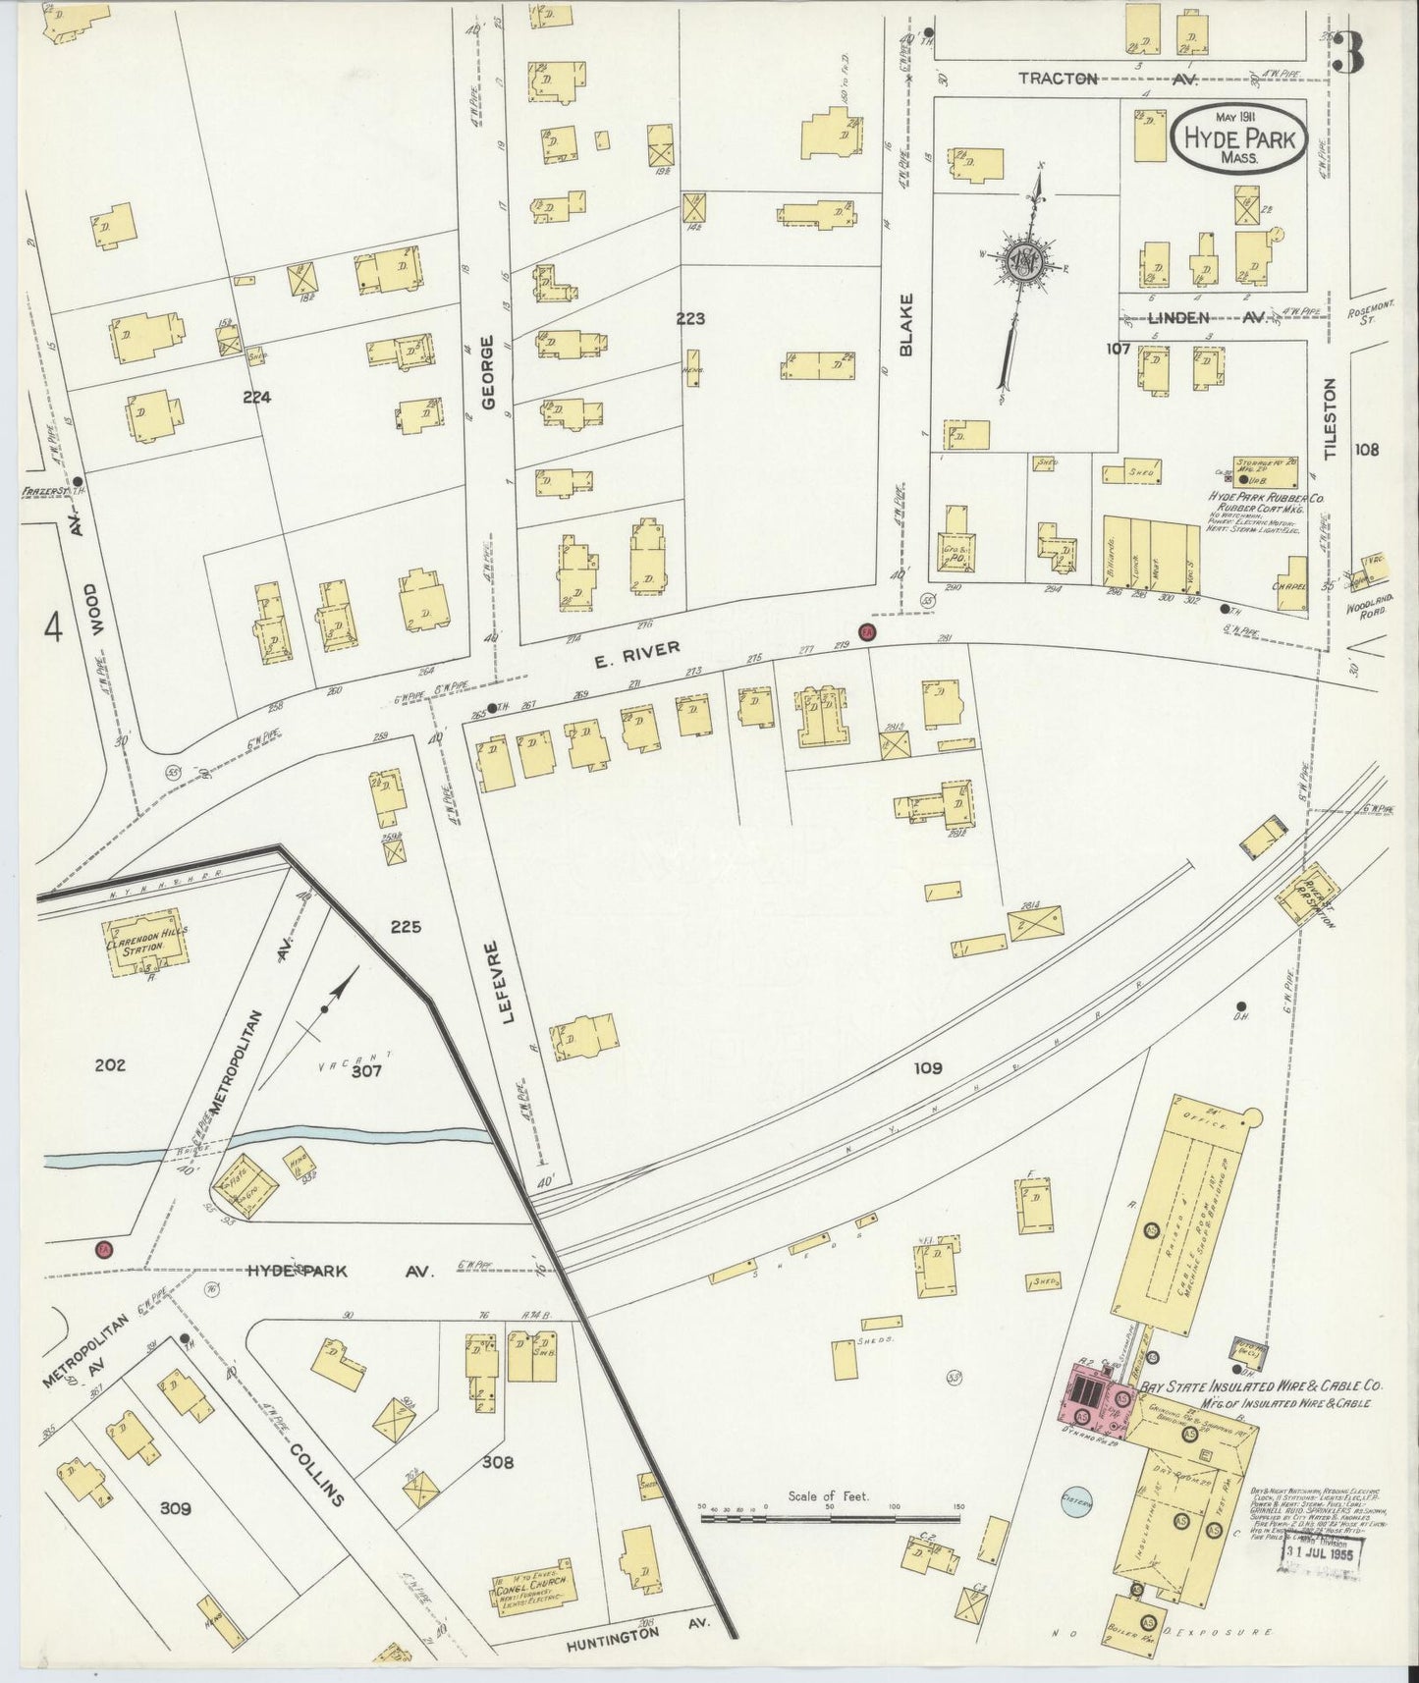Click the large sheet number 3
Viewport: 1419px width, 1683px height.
1350,54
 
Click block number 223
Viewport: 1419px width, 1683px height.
690,318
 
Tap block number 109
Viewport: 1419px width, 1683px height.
927,1067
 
